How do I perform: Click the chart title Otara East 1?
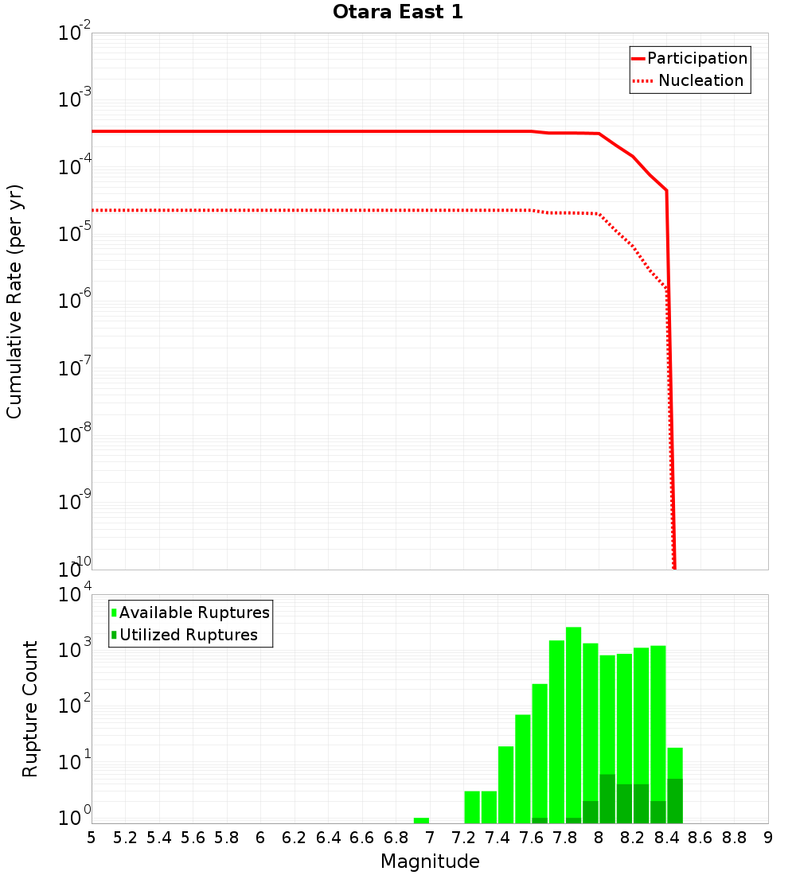click(x=397, y=12)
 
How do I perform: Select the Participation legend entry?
click(x=696, y=58)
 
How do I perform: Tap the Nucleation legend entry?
click(x=700, y=80)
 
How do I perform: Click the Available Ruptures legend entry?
click(x=194, y=612)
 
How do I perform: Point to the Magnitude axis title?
click(x=430, y=861)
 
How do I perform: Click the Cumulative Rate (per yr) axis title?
click(x=14, y=301)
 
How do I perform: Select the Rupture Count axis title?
click(x=30, y=708)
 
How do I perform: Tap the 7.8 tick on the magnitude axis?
click(x=565, y=838)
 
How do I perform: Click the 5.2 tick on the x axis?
click(x=125, y=838)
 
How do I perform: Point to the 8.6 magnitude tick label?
click(x=700, y=838)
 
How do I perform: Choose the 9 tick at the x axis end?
click(x=768, y=838)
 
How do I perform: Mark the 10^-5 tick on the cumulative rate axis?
click(x=75, y=234)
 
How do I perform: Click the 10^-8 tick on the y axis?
click(x=75, y=435)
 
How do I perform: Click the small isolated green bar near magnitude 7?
click(x=421, y=820)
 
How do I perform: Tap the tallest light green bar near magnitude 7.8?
click(x=573, y=716)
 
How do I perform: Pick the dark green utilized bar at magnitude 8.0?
click(x=607, y=799)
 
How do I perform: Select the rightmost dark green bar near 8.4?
click(x=674, y=801)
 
